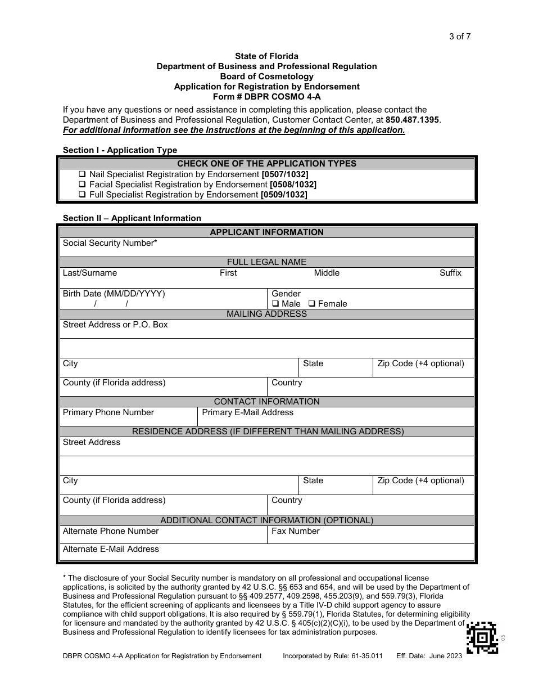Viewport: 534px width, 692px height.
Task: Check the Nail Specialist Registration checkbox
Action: coord(83,174)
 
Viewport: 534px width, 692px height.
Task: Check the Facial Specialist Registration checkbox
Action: coord(83,185)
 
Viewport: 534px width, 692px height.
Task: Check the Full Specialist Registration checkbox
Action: coord(83,195)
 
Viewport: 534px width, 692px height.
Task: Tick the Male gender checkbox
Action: coord(275,304)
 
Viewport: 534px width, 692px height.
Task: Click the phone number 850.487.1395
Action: coord(413,120)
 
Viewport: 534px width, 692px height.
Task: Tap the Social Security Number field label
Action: coord(110,243)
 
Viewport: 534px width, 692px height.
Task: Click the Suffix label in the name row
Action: coord(450,273)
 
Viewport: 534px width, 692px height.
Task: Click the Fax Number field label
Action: coord(296,531)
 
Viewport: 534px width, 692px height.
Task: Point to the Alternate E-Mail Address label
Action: coord(111,549)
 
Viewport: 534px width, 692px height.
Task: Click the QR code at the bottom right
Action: coord(482,637)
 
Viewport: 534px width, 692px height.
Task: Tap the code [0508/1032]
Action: coord(293,185)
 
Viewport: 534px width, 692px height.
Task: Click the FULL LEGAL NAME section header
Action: coord(266,262)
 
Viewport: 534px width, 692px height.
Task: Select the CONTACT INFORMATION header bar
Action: coord(266,402)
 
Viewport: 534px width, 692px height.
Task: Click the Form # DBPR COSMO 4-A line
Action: coord(266,97)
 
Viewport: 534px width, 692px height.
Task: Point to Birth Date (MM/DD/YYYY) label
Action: coord(114,294)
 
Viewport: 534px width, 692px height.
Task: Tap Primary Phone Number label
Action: coord(108,412)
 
